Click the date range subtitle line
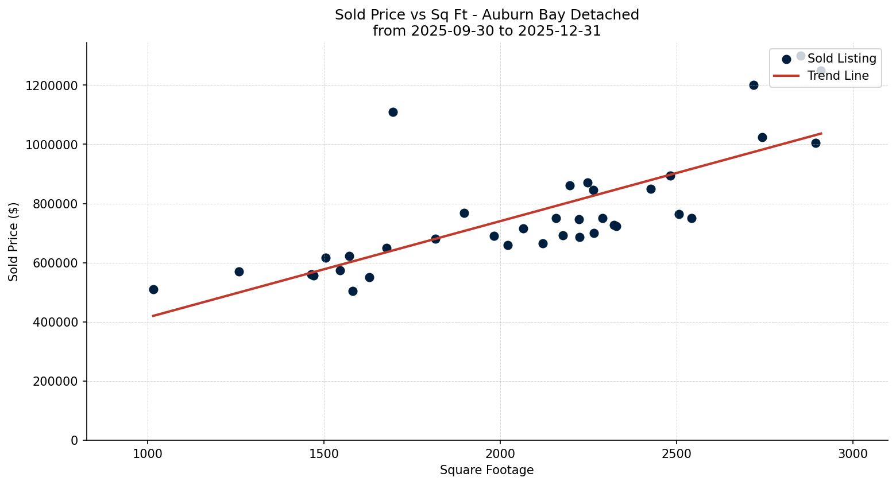click(486, 31)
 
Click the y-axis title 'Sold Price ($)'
click(14, 242)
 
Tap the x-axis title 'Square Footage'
click(486, 471)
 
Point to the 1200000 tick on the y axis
click(52, 86)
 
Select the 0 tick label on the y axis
click(74, 441)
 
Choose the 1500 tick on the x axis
click(324, 453)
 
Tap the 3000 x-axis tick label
click(853, 453)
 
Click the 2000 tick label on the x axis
click(500, 453)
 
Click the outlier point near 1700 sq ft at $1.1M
click(393, 112)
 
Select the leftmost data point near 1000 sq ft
click(153, 289)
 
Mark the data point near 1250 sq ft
click(239, 271)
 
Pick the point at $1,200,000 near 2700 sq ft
click(754, 85)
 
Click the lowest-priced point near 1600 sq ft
click(353, 291)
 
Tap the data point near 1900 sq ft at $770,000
click(464, 213)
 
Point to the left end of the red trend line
click(153, 316)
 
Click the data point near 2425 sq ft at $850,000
click(651, 189)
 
